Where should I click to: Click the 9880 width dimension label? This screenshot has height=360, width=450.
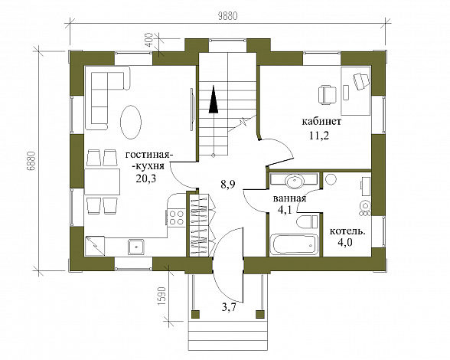click(228, 16)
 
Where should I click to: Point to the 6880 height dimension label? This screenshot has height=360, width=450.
click(31, 161)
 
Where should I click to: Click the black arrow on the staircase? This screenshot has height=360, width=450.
click(214, 99)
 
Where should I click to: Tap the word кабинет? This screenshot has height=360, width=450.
click(321, 121)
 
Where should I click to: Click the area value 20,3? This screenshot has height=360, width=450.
click(146, 178)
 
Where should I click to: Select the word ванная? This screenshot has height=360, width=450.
click(289, 198)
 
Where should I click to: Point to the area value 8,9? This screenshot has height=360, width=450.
click(228, 184)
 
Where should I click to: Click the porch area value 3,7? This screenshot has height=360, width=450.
click(229, 308)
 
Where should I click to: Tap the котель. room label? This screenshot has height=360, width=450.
click(347, 231)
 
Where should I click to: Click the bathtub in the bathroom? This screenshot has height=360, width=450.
click(294, 244)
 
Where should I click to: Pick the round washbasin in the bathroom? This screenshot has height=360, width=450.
click(294, 181)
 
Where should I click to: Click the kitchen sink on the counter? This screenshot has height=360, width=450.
click(136, 247)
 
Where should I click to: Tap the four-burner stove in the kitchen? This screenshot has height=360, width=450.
click(176, 218)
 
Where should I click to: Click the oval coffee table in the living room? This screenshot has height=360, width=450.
click(131, 122)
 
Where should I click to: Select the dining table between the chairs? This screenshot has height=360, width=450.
click(103, 182)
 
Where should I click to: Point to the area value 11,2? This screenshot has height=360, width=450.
click(319, 135)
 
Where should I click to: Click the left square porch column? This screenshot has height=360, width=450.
click(196, 314)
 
